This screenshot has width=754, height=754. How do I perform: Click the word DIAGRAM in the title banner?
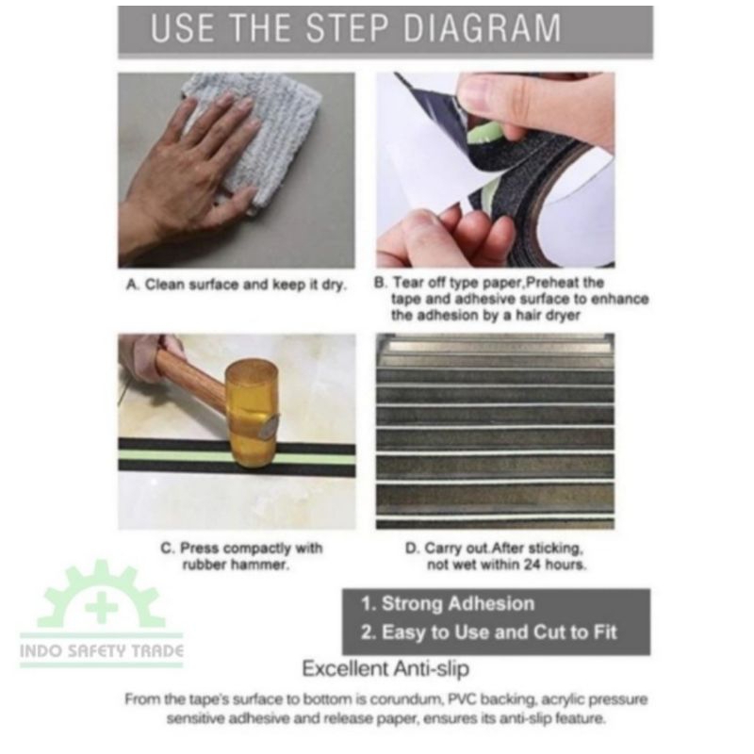pyautogui.click(x=483, y=28)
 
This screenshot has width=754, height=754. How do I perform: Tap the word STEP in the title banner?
pyautogui.click(x=347, y=28)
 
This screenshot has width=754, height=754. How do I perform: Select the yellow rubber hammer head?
pyautogui.click(x=252, y=414)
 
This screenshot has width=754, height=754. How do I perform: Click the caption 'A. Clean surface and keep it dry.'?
pyautogui.click(x=237, y=285)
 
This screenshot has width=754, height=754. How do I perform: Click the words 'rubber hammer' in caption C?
pyautogui.click(x=236, y=564)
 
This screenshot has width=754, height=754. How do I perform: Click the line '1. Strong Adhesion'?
pyautogui.click(x=448, y=603)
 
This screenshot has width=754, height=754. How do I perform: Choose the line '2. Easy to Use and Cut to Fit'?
pyautogui.click(x=488, y=632)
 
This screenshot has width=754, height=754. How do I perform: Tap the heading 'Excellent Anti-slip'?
pyautogui.click(x=385, y=668)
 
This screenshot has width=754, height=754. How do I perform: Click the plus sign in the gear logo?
pyautogui.click(x=102, y=607)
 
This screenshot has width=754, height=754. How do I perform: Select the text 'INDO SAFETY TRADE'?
pyautogui.click(x=102, y=651)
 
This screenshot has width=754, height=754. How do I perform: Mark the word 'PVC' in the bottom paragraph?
pyautogui.click(x=463, y=698)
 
